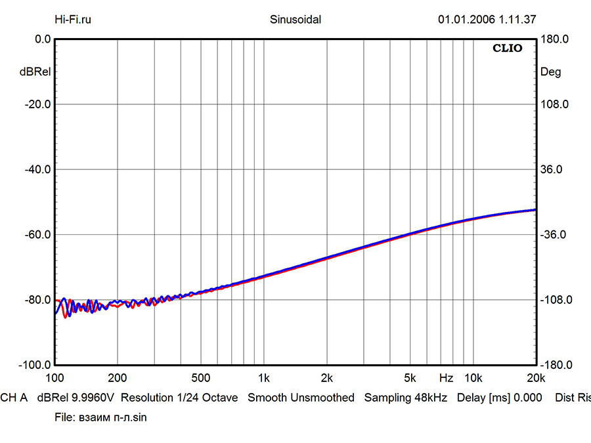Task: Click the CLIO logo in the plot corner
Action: pyautogui.click(x=508, y=49)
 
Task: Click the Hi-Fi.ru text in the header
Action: pyautogui.click(x=73, y=20)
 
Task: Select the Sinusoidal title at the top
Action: pyautogui.click(x=295, y=20)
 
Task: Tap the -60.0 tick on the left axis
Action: pyautogui.click(x=38, y=234)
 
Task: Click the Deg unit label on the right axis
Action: pyautogui.click(x=550, y=72)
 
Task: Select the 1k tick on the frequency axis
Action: pyautogui.click(x=264, y=378)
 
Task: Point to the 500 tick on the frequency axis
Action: pyautogui.click(x=200, y=378)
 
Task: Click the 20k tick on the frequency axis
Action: pyautogui.click(x=536, y=378)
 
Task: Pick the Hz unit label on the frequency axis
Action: pyautogui.click(x=446, y=378)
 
